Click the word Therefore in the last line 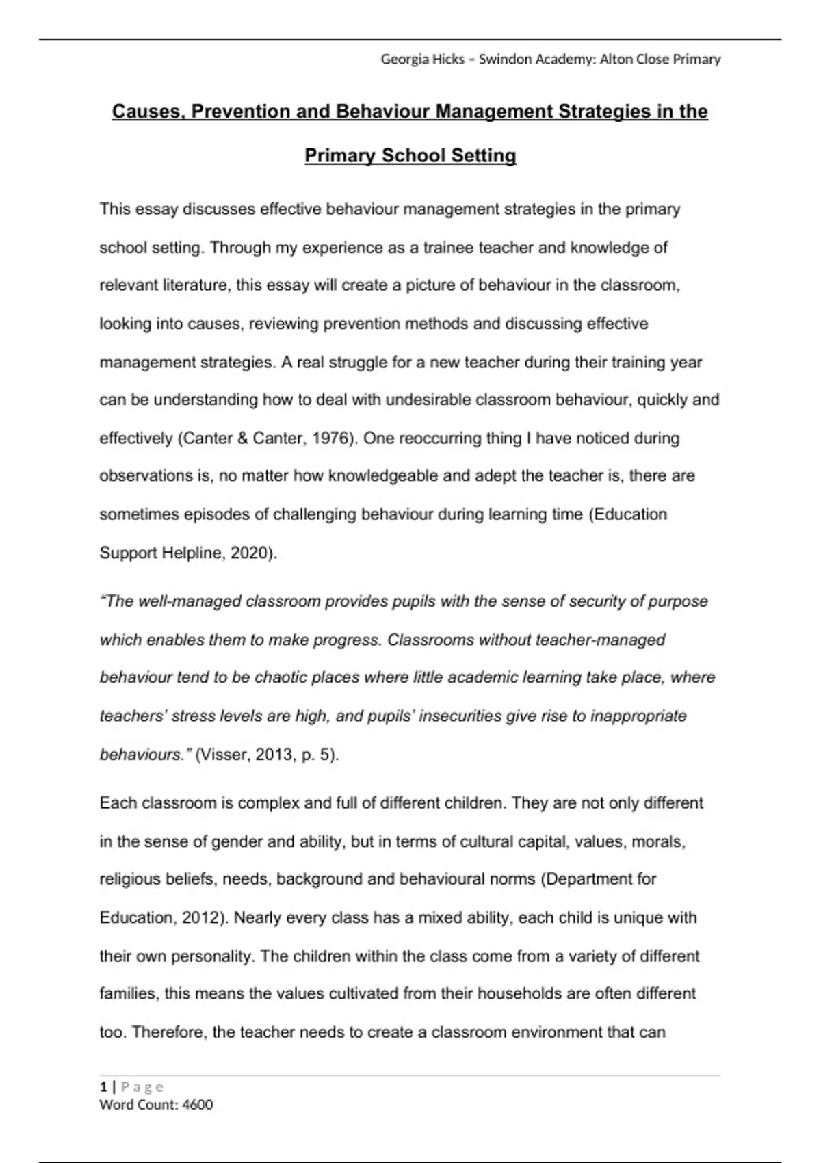(x=171, y=1032)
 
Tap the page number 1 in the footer (x=103, y=1087)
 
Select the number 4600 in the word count (x=198, y=1105)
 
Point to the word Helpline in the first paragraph (x=192, y=553)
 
